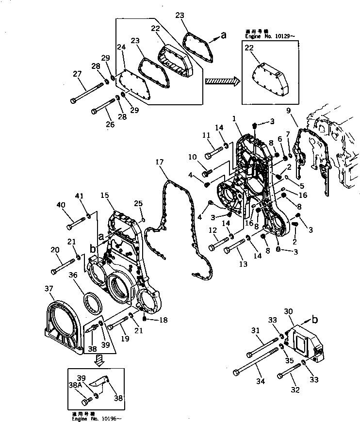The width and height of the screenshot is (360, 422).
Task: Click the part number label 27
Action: (x=77, y=74)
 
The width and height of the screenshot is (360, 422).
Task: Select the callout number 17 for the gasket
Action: (x=159, y=162)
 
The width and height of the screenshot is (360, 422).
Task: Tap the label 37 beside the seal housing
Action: (x=49, y=289)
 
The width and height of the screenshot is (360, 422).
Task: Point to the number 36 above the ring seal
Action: (x=73, y=275)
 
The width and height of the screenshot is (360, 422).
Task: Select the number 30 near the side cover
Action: (x=288, y=312)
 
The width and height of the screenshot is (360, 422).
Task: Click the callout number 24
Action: (x=121, y=47)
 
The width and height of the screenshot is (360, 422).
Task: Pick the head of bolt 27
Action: (x=73, y=100)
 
